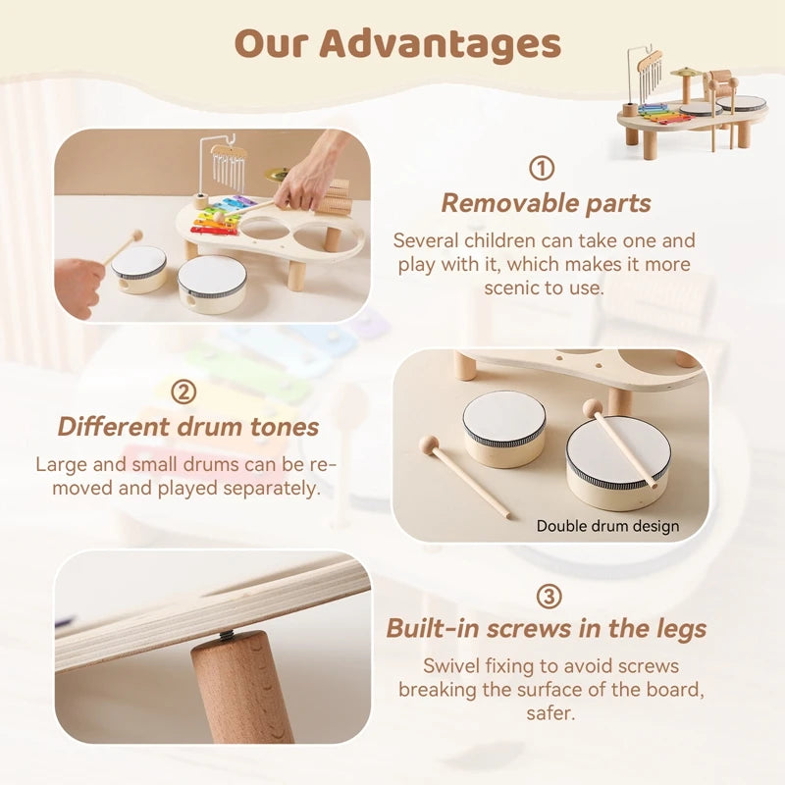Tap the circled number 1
coord(541,168)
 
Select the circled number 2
coord(183,392)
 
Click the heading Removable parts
coord(546,203)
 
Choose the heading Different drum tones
coord(187,427)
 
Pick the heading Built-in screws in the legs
coord(546,629)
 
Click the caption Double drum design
coord(607,526)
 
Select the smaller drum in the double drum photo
coord(504,428)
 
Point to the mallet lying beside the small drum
coord(464,475)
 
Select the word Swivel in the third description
coord(451,667)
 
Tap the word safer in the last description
coord(549,713)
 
